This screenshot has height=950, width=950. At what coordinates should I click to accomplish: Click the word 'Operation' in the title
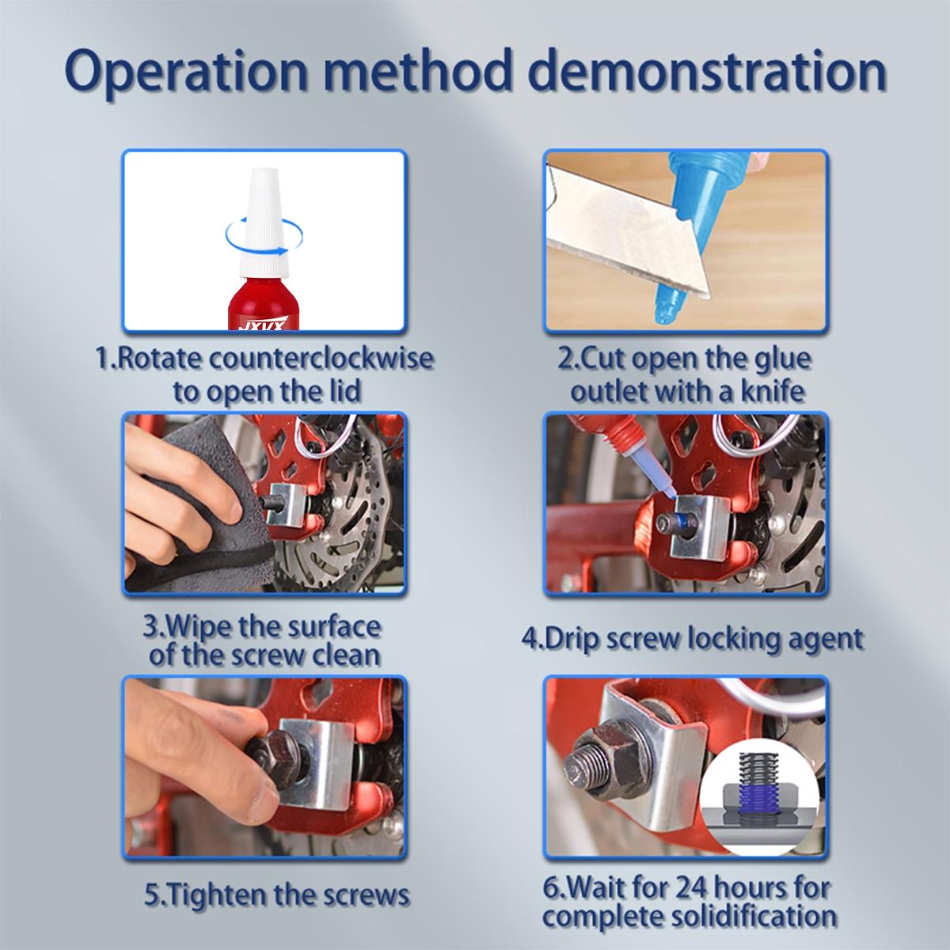coord(186,73)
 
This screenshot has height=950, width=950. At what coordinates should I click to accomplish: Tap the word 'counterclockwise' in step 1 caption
coord(321,359)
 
